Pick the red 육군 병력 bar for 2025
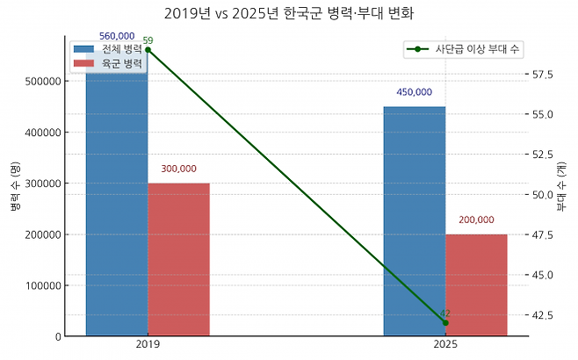[x=476, y=284]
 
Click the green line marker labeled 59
[x=148, y=50]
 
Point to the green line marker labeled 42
[x=445, y=323]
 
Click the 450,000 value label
[x=414, y=92]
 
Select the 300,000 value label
[x=178, y=169]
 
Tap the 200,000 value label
[x=476, y=220]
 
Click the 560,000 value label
[x=117, y=36]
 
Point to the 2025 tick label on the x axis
[x=445, y=346]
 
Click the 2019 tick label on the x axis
[x=148, y=346]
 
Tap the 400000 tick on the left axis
[x=41, y=133]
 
